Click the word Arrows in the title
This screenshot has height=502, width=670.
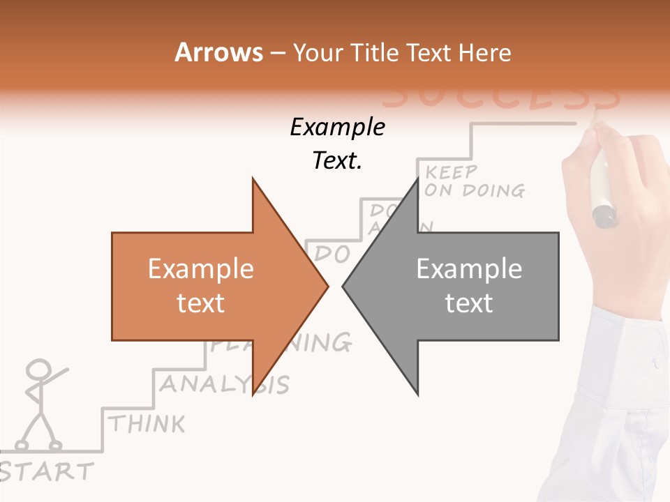coord(219,53)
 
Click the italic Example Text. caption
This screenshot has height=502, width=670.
coord(338,144)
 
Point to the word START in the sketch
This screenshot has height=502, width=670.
coord(46,471)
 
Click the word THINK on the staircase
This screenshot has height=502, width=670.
coord(147,423)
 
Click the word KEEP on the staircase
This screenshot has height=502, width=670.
coord(452,172)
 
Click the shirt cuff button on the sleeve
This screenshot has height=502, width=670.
coord(655,363)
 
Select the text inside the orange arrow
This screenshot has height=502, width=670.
coord(201,286)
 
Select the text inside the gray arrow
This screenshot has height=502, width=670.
coord(469,286)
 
